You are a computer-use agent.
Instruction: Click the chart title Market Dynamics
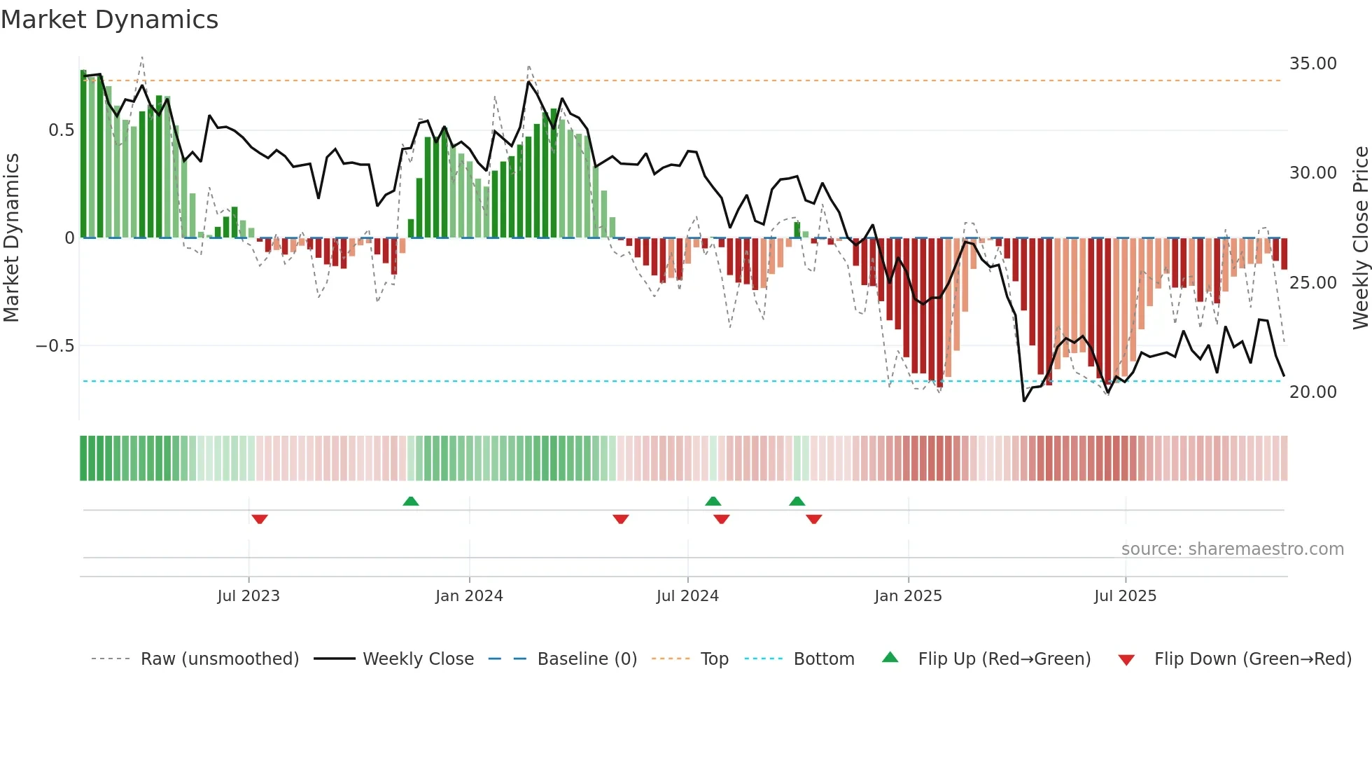[109, 20]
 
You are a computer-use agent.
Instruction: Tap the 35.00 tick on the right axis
[1312, 64]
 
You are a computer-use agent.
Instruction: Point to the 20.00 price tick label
[1312, 392]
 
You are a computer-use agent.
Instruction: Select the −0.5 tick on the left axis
[55, 346]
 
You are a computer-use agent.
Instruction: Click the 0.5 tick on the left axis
[61, 130]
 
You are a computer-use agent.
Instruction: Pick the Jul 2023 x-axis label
[248, 596]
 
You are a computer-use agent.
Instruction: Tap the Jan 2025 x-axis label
[908, 596]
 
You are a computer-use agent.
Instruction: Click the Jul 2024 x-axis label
[687, 596]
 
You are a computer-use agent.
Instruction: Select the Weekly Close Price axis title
[1360, 238]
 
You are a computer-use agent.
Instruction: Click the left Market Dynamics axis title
[11, 238]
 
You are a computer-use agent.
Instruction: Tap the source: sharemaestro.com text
[1232, 549]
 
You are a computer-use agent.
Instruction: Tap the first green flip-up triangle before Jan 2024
[411, 502]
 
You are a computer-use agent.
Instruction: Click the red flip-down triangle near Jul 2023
[260, 519]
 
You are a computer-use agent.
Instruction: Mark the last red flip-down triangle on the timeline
[813, 519]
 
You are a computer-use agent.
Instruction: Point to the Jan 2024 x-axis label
[469, 596]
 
